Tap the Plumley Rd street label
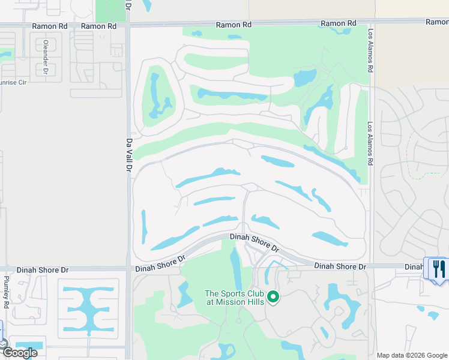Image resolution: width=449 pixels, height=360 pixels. pos(6,292)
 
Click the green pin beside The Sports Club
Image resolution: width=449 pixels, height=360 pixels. pos(273,297)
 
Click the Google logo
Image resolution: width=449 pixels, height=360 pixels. pos(19,352)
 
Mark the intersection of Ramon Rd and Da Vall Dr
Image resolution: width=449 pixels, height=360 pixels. pos(128,26)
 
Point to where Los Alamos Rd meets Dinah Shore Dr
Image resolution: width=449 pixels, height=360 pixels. pos(371,265)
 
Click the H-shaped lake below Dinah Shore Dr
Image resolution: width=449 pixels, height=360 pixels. pos(88,311)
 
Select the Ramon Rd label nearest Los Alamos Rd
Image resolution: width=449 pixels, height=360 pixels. pos(333,23)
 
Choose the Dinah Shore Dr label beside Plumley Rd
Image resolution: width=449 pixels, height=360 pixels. pos(40,270)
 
